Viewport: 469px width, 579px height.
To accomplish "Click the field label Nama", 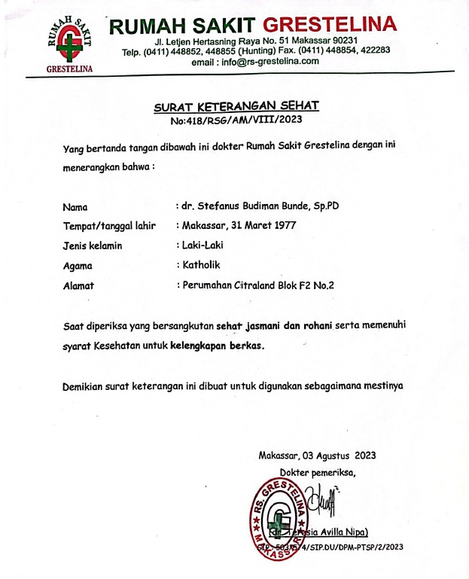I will (x=75, y=206).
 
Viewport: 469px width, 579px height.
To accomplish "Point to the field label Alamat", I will (x=79, y=285).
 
